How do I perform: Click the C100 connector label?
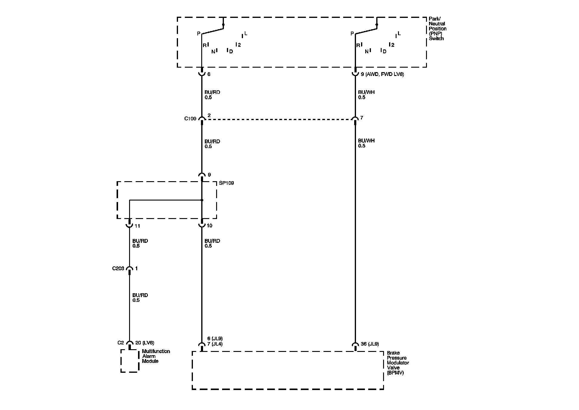(x=190, y=119)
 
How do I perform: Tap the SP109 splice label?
(x=226, y=183)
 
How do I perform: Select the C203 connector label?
(x=118, y=268)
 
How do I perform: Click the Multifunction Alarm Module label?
(x=156, y=356)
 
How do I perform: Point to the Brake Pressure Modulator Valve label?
(x=398, y=363)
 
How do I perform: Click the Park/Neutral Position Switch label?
(x=437, y=29)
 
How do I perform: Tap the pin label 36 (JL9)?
(x=370, y=344)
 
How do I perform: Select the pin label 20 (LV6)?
(x=145, y=343)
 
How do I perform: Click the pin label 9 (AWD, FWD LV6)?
(x=382, y=74)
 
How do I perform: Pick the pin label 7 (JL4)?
(x=215, y=344)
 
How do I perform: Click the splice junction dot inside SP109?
(x=202, y=200)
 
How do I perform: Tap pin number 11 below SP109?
(x=137, y=226)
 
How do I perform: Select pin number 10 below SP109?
(x=210, y=226)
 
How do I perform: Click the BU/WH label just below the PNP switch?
(x=366, y=92)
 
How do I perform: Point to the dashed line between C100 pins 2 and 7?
(x=278, y=119)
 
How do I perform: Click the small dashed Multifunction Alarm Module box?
(x=130, y=361)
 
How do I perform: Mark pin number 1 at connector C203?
(x=137, y=268)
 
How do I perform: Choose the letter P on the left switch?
(x=199, y=34)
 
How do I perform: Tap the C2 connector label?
(x=120, y=343)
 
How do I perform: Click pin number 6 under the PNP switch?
(x=209, y=74)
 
